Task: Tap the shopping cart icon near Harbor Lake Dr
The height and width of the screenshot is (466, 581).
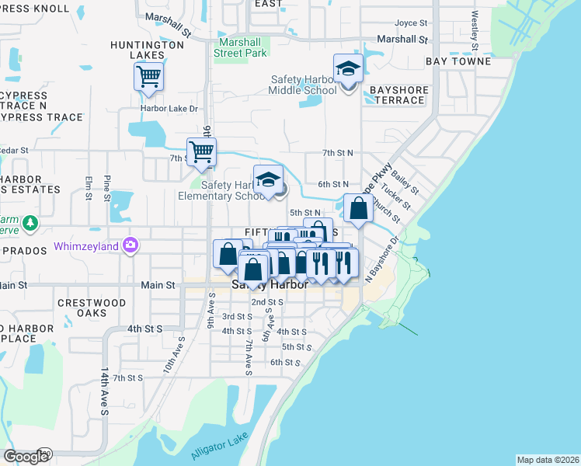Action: (x=148, y=77)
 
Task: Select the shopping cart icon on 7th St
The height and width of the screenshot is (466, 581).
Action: (x=201, y=151)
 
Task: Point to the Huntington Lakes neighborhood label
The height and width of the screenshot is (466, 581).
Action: (x=147, y=50)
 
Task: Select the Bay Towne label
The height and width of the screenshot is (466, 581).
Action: (x=458, y=61)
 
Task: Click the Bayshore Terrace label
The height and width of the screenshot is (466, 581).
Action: (x=398, y=96)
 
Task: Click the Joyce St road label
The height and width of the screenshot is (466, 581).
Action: (x=412, y=23)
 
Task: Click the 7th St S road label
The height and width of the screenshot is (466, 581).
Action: (x=128, y=377)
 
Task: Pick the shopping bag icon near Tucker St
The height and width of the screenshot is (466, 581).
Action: (x=357, y=209)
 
